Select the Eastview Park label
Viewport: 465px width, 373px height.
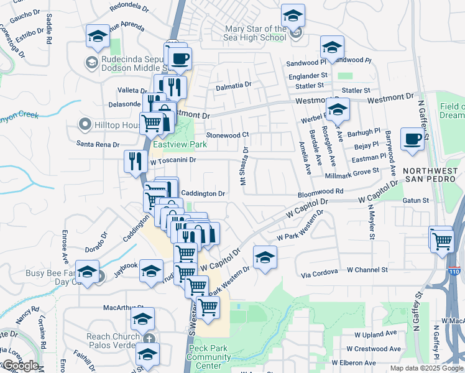coord(180,144)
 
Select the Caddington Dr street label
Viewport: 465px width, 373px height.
coord(202,193)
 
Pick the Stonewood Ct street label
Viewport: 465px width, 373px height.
coord(228,134)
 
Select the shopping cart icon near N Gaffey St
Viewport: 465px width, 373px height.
coord(441,239)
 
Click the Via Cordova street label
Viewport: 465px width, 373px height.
coord(320,271)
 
